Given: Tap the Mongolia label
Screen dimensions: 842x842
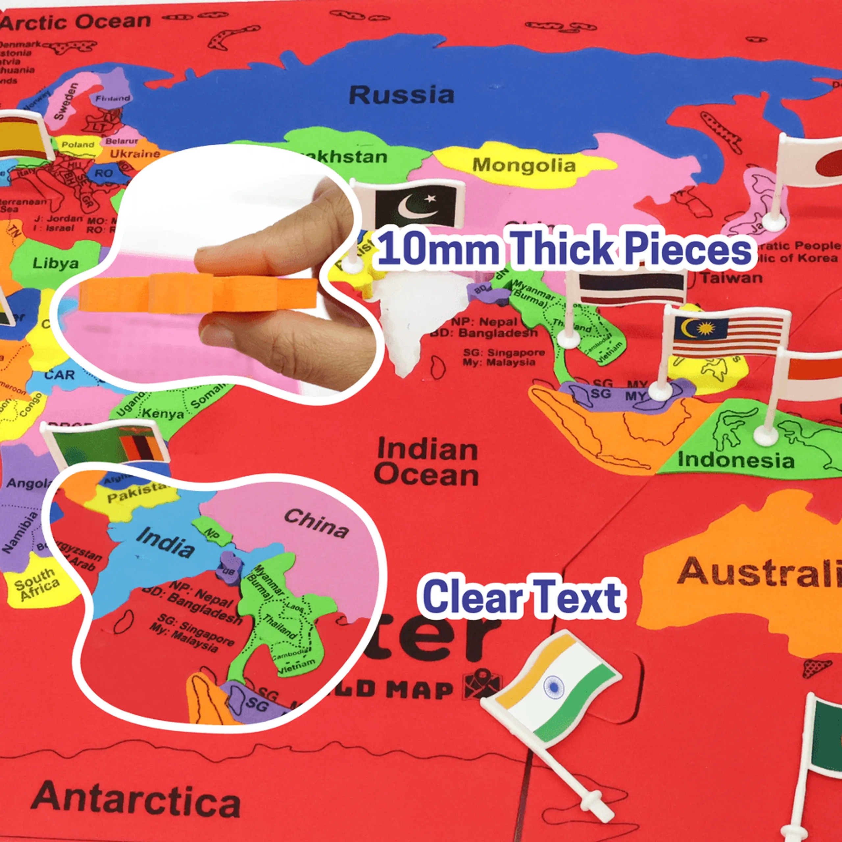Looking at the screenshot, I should pyautogui.click(x=524, y=166).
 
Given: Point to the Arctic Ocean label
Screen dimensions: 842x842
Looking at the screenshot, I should pyautogui.click(x=76, y=22).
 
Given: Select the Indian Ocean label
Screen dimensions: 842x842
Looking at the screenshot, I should pyautogui.click(x=427, y=462).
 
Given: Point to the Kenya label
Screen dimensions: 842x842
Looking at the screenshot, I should pyautogui.click(x=163, y=413).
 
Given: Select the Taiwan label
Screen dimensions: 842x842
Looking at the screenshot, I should pyautogui.click(x=732, y=278).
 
